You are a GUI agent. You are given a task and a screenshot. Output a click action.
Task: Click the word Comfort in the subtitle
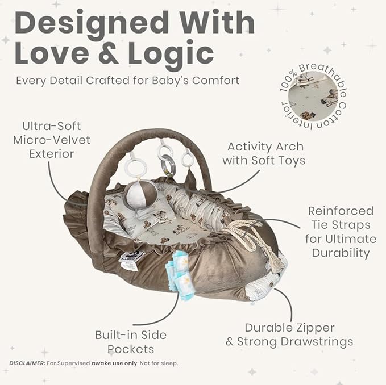(x=215, y=81)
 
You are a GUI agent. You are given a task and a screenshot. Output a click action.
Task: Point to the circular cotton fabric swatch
(x=313, y=96)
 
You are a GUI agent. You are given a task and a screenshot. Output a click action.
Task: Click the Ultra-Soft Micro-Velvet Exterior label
(x=52, y=140)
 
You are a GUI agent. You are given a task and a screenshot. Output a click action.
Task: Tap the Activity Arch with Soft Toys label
(x=264, y=153)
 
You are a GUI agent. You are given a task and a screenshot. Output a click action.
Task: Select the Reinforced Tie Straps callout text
(x=341, y=232)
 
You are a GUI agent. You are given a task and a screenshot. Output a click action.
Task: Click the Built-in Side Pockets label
(x=131, y=342)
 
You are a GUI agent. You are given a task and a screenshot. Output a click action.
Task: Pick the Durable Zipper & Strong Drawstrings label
(x=289, y=334)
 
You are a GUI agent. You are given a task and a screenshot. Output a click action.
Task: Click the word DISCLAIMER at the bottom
(x=27, y=363)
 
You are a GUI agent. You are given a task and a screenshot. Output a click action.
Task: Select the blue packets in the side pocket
(x=179, y=275)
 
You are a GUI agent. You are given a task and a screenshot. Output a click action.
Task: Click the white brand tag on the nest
(x=131, y=260)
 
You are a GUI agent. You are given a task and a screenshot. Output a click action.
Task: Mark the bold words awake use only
(x=114, y=363)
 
